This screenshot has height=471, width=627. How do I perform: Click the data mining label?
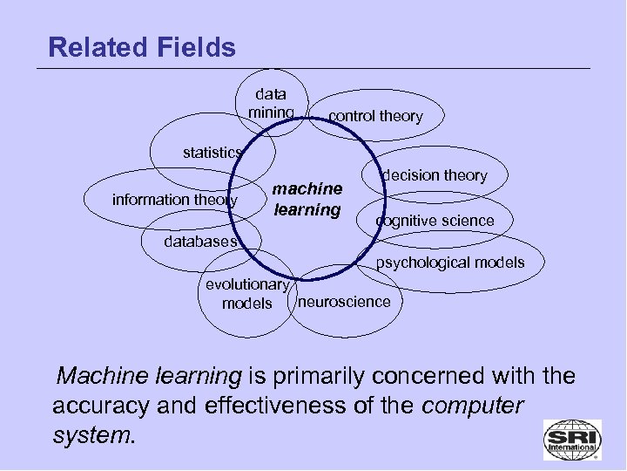(271, 103)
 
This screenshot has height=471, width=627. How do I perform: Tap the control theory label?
(375, 116)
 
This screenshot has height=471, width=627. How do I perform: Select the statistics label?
(212, 153)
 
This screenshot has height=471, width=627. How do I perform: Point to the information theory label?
(175, 200)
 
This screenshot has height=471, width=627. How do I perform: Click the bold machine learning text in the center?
(307, 199)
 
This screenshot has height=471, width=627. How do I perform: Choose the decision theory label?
(434, 175)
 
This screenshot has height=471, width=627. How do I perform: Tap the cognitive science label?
(435, 222)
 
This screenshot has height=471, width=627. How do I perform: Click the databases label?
(199, 242)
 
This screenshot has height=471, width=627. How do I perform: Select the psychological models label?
(450, 263)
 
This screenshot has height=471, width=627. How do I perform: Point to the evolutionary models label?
(246, 294)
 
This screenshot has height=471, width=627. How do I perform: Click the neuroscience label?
(344, 302)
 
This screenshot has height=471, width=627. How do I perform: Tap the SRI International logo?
(571, 439)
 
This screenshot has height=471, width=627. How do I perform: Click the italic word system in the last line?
(93, 435)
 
